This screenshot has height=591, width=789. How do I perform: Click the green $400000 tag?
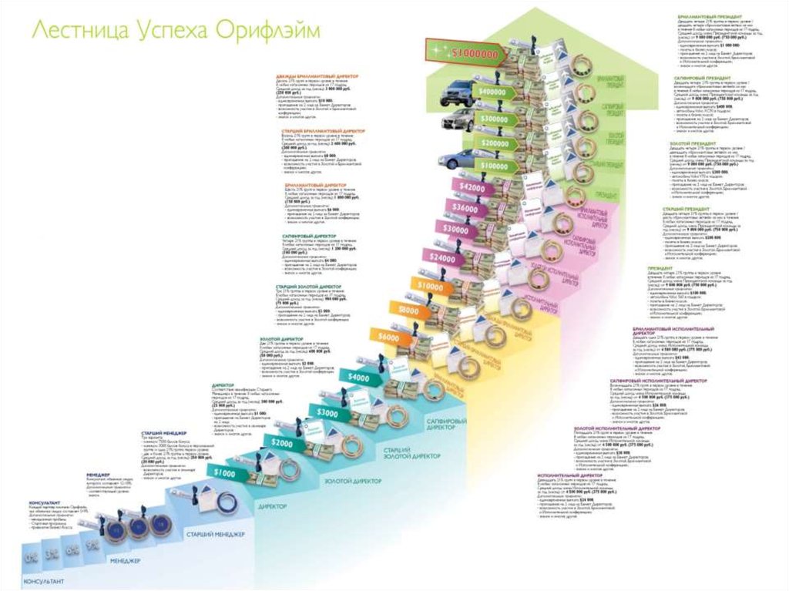point(493,91)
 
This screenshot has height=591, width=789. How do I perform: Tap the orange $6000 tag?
point(389,337)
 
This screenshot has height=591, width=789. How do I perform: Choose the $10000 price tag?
point(431,285)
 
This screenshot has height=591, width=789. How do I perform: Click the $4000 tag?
point(358,378)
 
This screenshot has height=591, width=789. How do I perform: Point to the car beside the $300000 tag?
point(458,121)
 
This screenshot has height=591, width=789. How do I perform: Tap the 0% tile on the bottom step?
point(32,554)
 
